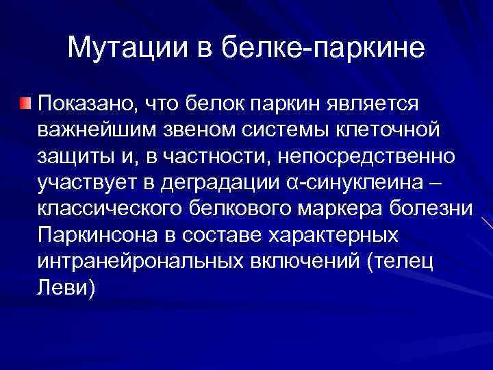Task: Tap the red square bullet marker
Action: [x=25, y=103]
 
